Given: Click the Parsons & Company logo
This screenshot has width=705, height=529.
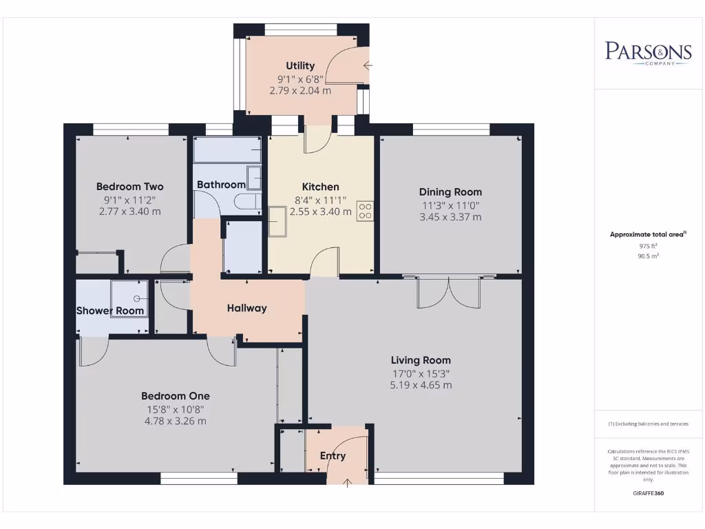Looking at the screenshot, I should point(648,53).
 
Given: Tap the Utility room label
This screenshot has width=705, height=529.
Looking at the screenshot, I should point(300,66).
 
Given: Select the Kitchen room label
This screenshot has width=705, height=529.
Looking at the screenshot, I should point(320,187).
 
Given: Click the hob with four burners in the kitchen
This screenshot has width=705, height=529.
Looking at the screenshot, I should point(365,210).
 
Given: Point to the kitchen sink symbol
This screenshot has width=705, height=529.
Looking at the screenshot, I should point(277,222).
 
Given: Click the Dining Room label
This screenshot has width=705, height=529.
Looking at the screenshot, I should point(450,192).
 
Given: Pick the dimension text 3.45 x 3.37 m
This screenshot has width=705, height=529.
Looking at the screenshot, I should point(450,217).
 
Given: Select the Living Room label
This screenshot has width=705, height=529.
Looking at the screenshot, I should point(421,360).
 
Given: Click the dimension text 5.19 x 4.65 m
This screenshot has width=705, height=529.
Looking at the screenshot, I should point(421,385).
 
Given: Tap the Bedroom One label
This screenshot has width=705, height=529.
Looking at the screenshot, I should point(176,396).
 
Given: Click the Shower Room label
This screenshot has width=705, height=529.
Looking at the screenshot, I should point(110,311).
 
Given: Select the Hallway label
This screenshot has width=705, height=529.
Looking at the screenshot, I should point(246,308).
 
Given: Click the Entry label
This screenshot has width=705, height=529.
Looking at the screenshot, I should point(333,456).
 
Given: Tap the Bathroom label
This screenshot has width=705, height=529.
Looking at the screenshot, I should point(221,185).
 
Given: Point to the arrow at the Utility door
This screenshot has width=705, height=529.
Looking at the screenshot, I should point(367,66).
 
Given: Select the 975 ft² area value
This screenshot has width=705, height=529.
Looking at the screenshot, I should point(647,245).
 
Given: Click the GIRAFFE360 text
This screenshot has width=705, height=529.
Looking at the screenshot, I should point(647,493).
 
